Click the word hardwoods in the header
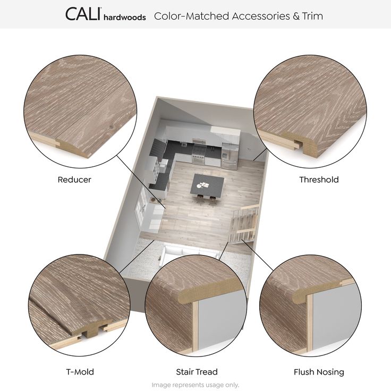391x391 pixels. [x=125, y=17]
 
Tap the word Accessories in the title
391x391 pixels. [x=261, y=16]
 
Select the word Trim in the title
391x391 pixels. [x=313, y=16]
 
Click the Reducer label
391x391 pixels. [x=74, y=180]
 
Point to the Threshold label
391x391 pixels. [x=319, y=180]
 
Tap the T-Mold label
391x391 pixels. [x=80, y=372]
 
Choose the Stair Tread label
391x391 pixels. [x=197, y=372]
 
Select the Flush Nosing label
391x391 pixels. [x=319, y=372]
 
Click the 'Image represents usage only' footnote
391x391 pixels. [x=195, y=385]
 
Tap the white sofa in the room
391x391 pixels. [x=190, y=254]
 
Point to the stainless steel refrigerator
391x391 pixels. [x=229, y=156]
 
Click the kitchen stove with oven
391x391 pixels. [x=199, y=155]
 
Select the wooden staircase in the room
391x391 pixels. [x=243, y=224]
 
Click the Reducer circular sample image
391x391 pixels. [x=80, y=111]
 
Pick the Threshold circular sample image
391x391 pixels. [x=310, y=111]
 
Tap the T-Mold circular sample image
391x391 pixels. [x=79, y=305]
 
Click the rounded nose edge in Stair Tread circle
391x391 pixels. [x=183, y=297]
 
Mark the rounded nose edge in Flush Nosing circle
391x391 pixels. [x=297, y=297]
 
